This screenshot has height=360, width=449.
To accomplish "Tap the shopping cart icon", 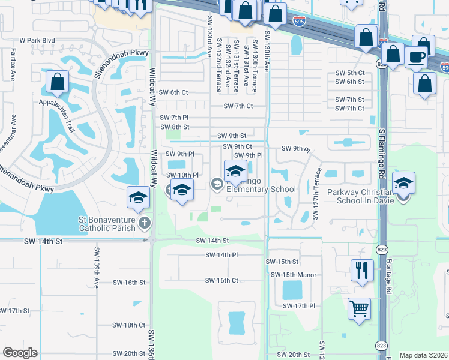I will (359, 309).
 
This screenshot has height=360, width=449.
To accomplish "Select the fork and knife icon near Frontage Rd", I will (362, 269).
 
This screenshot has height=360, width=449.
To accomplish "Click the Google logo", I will (20, 353).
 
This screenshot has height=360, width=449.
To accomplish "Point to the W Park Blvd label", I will (37, 41).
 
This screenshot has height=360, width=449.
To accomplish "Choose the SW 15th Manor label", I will (294, 275).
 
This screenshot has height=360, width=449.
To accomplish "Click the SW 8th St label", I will (175, 127).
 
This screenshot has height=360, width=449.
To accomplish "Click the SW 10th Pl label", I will (179, 175).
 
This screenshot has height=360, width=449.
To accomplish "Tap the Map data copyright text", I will (422, 355).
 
